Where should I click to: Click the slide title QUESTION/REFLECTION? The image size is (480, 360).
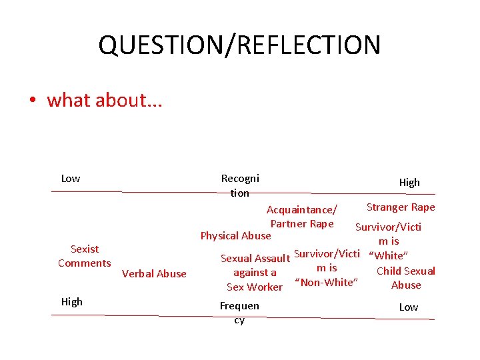tap(239, 45)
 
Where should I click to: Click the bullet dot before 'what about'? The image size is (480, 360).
tap(31, 101)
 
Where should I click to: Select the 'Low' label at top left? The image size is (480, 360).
tap(70, 178)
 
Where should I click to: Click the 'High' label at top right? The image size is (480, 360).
tap(409, 182)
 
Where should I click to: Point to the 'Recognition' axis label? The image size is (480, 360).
tap(240, 185)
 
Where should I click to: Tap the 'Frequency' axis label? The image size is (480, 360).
tap(239, 313)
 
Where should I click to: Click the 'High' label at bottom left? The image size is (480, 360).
tap(71, 301)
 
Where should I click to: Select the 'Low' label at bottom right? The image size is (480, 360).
tap(408, 307)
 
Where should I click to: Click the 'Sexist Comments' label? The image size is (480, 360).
tap(85, 256)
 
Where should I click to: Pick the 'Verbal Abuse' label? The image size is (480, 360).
tap(155, 273)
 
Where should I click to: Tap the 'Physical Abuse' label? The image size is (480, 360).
tap(236, 235)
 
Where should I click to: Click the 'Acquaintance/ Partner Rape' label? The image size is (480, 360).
tap(302, 217)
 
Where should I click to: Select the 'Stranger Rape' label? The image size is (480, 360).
tap(401, 207)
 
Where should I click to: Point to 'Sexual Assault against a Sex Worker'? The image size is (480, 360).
tap(255, 273)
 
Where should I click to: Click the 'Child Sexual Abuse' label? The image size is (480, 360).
tap(406, 278)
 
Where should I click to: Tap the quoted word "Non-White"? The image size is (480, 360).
tap(326, 282)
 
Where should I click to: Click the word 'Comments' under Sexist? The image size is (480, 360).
tap(85, 263)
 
